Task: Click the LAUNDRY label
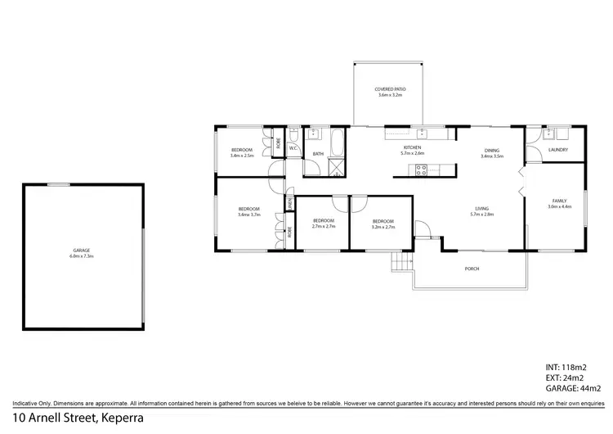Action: click(x=557, y=150)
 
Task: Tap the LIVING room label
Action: click(x=481, y=211)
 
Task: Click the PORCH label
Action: click(x=472, y=269)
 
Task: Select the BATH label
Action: click(x=318, y=154)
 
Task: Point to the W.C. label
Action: click(x=293, y=148)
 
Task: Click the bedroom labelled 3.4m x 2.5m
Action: click(x=242, y=152)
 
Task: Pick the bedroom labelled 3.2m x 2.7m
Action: click(x=383, y=224)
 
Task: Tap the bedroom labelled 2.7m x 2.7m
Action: click(x=324, y=224)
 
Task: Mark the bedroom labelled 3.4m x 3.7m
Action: click(x=248, y=211)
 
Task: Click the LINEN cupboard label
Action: click(x=289, y=202)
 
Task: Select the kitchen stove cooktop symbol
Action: click(x=423, y=170)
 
